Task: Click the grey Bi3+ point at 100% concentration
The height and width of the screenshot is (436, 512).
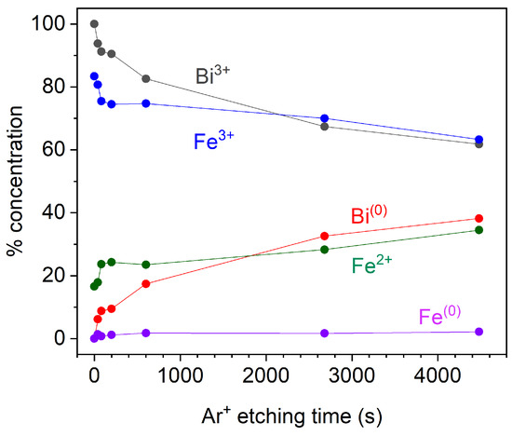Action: pyautogui.click(x=94, y=24)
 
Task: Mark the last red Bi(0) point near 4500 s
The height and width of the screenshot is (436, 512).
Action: pyautogui.click(x=478, y=219)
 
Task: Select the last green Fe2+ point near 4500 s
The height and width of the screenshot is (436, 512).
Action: pyautogui.click(x=478, y=230)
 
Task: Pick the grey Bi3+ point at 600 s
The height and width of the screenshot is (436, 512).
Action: pyautogui.click(x=145, y=78)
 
